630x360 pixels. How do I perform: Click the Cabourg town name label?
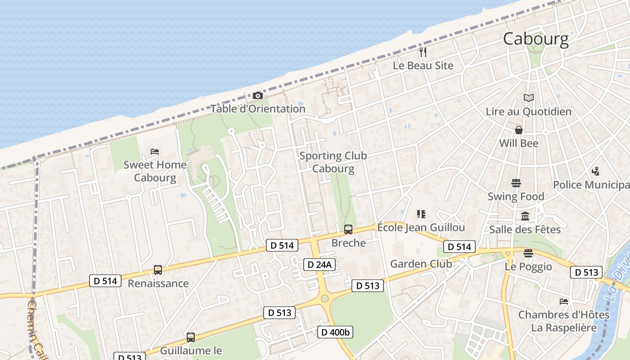click(535, 39)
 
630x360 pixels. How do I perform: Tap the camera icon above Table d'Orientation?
click(258, 95)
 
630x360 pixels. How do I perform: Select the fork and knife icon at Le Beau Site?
click(423, 52)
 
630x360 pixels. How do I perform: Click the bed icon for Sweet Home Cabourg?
click(155, 152)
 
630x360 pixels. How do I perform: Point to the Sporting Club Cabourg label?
click(333, 162)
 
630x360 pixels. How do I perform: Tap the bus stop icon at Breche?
click(348, 229)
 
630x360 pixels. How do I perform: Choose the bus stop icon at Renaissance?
click(158, 270)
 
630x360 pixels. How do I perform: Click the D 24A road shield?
click(319, 265)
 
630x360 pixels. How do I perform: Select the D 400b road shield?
click(335, 333)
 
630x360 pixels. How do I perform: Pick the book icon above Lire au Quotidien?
click(529, 98)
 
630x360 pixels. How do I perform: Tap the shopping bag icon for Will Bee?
click(519, 130)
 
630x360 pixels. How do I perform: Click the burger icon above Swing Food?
click(516, 183)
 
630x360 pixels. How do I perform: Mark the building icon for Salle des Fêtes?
click(525, 216)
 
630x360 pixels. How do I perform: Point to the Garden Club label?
click(421, 264)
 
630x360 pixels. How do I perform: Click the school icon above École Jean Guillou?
click(421, 214)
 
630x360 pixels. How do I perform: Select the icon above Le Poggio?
click(528, 253)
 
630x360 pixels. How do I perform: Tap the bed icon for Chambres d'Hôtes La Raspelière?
click(564, 301)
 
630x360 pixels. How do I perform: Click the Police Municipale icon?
click(596, 171)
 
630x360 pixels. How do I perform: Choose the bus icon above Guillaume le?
click(191, 337)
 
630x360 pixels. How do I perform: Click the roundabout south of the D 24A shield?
click(324, 298)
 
